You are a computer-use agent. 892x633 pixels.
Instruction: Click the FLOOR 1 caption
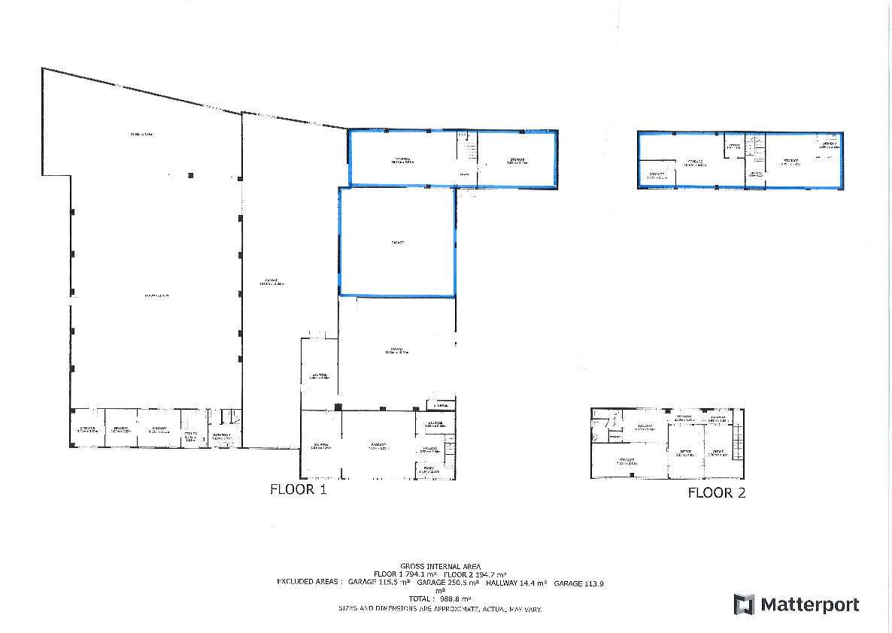click(298, 490)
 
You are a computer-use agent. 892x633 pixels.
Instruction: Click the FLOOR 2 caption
click(717, 493)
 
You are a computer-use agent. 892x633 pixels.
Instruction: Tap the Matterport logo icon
click(744, 604)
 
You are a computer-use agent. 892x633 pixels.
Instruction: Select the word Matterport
click(809, 604)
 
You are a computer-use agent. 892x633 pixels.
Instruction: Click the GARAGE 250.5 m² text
click(448, 583)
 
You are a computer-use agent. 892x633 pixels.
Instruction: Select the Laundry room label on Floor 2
click(829, 144)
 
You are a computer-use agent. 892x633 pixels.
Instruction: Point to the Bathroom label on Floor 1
click(223, 435)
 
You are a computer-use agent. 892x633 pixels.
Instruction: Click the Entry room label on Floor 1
click(429, 470)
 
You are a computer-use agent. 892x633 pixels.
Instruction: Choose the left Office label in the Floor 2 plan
click(684, 453)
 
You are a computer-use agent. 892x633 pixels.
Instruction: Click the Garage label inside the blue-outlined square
click(398, 243)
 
